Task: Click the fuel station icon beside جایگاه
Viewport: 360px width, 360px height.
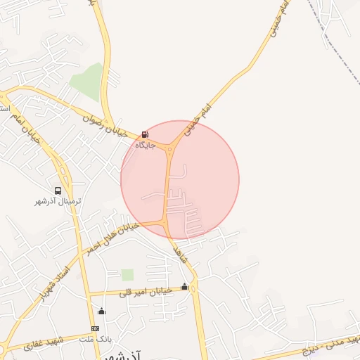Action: click(146, 134)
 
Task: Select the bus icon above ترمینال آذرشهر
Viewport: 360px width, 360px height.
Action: click(58, 190)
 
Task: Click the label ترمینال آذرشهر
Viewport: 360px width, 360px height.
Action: click(58, 202)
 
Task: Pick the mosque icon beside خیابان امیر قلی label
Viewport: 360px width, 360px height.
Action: click(185, 286)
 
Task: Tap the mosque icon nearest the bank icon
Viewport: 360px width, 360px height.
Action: click(101, 311)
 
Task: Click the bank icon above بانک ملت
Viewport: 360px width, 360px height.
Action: click(96, 328)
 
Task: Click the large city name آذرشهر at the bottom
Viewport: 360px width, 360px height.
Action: click(127, 355)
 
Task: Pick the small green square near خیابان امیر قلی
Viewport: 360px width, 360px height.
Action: click(127, 274)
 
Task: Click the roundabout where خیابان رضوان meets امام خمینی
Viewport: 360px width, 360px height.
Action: click(170, 148)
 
